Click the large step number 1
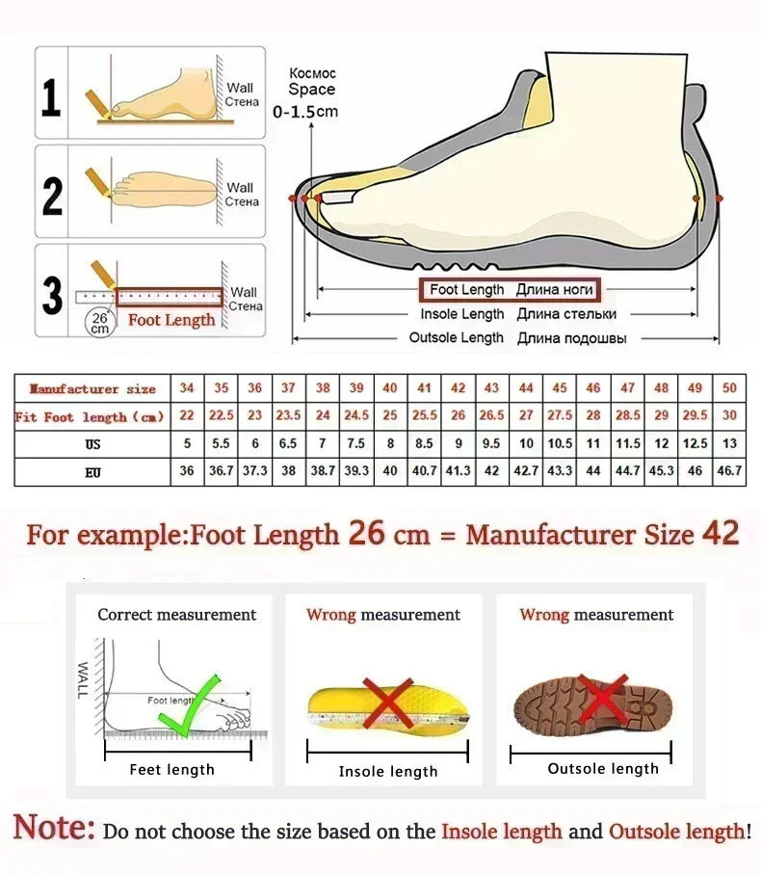coord(51,96)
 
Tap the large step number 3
coord(52,296)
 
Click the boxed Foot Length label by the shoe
coord(509,289)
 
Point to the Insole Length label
coord(462,314)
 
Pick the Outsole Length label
coord(457,338)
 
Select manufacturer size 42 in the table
coord(459,388)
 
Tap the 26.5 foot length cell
coord(491,416)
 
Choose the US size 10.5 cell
coord(560,444)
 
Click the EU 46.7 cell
coord(729,471)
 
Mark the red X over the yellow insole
coord(387,701)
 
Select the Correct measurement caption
coord(177,615)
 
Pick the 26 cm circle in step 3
coord(100,321)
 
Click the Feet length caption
coord(171,769)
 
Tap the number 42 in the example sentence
coord(721,534)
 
